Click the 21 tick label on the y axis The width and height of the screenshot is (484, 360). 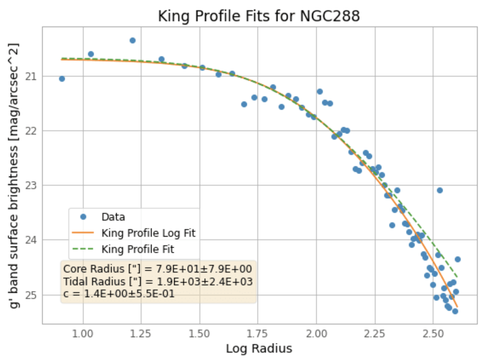pyautogui.click(x=31, y=76)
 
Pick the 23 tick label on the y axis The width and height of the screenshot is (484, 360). pyautogui.click(x=31, y=185)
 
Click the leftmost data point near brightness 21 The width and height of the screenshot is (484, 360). pyautogui.click(x=62, y=78)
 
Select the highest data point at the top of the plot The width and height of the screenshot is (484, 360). pyautogui.click(x=132, y=40)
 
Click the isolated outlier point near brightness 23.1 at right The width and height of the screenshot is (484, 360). pyautogui.click(x=440, y=190)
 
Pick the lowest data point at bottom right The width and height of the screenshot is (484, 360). pyautogui.click(x=455, y=311)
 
